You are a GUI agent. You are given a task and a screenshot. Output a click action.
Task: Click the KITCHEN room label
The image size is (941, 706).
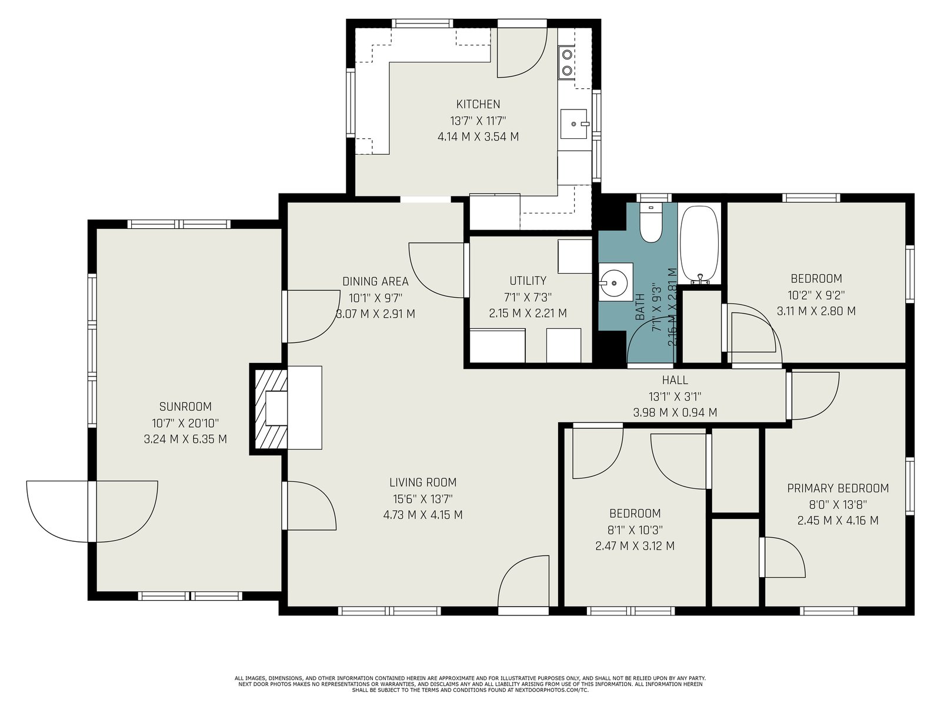tap(478, 104)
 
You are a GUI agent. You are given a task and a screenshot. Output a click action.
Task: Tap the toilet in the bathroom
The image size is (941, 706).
tap(651, 222)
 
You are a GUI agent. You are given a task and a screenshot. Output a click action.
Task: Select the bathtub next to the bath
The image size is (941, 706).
tap(699, 245)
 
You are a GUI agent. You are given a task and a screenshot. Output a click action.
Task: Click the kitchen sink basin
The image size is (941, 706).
tap(574, 124)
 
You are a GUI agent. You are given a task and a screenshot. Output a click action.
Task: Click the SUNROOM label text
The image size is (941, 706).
tap(185, 407)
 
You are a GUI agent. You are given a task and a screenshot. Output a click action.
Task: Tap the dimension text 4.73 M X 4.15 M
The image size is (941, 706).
tap(423, 515)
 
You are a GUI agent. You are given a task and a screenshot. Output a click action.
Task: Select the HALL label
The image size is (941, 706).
tap(675, 380)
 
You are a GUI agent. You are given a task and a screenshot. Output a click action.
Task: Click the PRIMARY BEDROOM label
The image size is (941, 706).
tap(837, 488)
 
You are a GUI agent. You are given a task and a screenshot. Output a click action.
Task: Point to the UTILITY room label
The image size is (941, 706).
tap(528, 281)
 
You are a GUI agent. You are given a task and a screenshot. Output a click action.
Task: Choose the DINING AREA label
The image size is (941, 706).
tap(375, 282)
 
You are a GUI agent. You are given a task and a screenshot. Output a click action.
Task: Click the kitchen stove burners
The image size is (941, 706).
tap(567, 62)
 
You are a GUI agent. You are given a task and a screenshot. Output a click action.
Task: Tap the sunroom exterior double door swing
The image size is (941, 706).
tap(92, 511)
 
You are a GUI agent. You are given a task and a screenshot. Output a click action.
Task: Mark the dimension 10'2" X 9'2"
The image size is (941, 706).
tap(816, 295)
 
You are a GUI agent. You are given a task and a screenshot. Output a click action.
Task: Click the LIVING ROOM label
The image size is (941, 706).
tap(423, 482)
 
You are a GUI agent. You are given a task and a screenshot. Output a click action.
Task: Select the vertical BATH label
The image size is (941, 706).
tap(640, 307)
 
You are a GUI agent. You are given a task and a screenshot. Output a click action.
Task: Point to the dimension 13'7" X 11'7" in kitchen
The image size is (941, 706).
tap(478, 121)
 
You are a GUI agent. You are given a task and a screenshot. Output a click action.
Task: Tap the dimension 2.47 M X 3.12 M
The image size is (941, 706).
tap(635, 546)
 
